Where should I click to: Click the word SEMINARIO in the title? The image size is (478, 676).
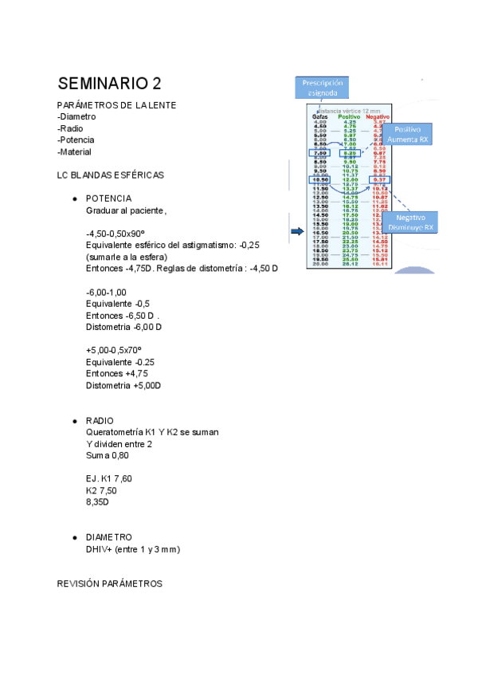(x=103, y=84)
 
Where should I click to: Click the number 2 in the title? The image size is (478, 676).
(x=157, y=84)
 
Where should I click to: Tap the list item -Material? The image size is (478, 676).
(x=74, y=151)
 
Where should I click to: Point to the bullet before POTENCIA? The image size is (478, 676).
(x=73, y=198)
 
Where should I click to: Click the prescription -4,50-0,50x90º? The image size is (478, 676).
(x=120, y=234)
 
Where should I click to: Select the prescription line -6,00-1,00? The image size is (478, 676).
(x=106, y=293)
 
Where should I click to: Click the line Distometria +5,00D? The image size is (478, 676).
(x=123, y=385)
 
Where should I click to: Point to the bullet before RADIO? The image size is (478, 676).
(x=73, y=421)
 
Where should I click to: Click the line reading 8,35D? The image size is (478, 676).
(x=98, y=502)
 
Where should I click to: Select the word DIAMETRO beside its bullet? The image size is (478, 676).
(x=109, y=537)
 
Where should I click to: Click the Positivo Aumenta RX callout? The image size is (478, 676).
(x=408, y=134)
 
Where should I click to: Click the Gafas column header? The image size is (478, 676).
(x=319, y=116)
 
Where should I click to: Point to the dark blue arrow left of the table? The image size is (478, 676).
(x=296, y=231)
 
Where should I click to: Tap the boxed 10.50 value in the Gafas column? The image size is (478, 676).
(x=319, y=180)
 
